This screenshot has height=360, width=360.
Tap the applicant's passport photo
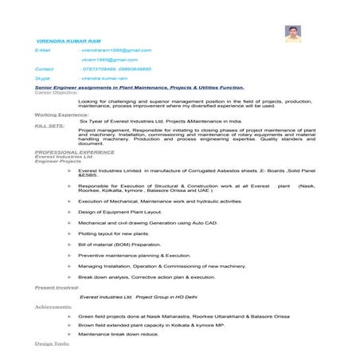pos(292,34)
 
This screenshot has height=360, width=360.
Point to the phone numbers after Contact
pos(115,69)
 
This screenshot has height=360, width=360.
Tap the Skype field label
pos(42,79)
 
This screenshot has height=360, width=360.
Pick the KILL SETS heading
pos(50,125)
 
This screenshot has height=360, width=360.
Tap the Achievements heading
pos(53,306)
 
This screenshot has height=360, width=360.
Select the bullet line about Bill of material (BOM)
pos(119,245)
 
